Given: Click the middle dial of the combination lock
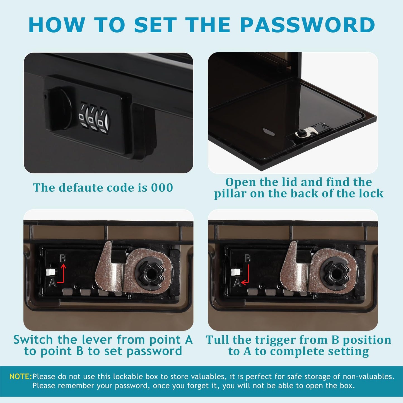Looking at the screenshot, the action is (x=92, y=118).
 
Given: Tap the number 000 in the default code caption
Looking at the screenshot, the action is (x=162, y=187).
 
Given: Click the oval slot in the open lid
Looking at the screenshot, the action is (x=269, y=132).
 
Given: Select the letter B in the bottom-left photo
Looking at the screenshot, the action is (x=63, y=259).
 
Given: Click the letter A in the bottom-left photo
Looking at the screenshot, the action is (x=52, y=283).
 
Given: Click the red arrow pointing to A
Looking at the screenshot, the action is (x=246, y=276).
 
